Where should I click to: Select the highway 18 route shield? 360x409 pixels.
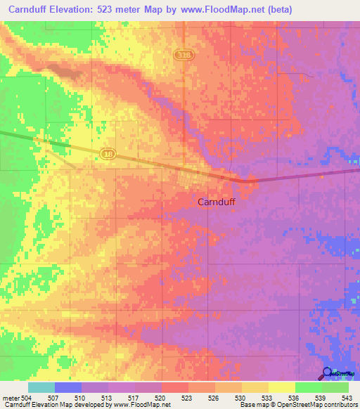[x=107, y=152]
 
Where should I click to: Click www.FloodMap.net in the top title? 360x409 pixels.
[x=212, y=10]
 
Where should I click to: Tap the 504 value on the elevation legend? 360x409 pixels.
[x=26, y=397]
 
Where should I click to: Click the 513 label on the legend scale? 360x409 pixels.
[x=108, y=397]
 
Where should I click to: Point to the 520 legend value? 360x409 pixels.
[x=161, y=397]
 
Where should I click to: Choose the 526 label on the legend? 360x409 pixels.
[x=214, y=397]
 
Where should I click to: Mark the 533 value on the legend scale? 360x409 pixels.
[x=268, y=397]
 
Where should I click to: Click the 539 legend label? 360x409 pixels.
[x=321, y=397]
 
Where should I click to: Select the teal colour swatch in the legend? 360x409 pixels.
[x=41, y=387]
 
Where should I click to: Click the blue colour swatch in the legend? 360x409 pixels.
[x=68, y=387]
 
